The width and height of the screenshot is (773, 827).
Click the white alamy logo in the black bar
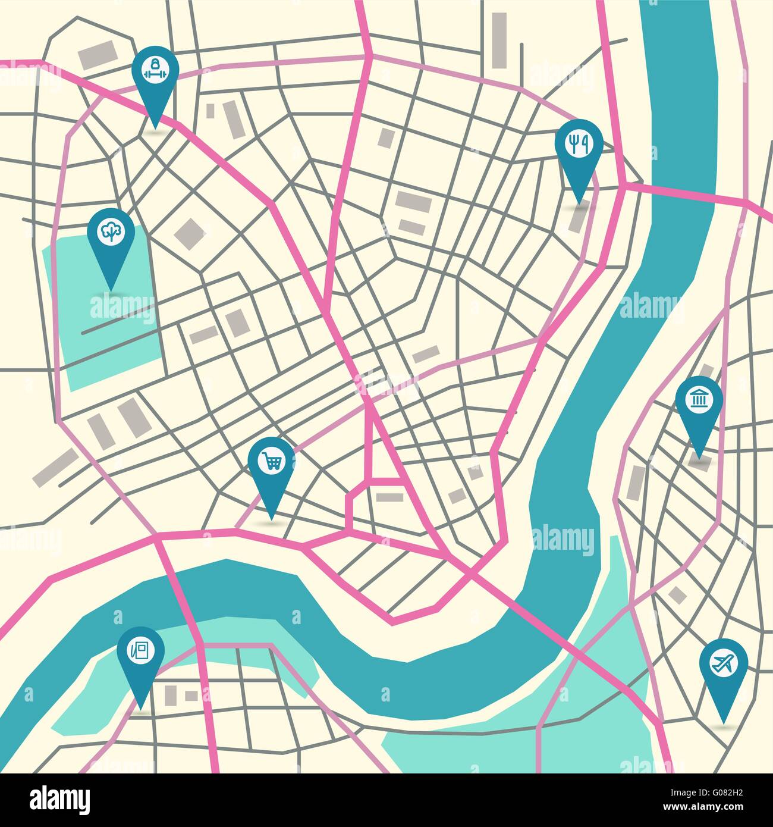point(59,800)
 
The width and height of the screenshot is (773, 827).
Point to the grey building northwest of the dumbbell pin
point(98,55)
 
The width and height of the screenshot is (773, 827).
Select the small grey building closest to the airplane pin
point(677,594)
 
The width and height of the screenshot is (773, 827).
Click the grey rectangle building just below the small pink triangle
point(389,497)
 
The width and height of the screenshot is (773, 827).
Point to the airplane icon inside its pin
point(723,663)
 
